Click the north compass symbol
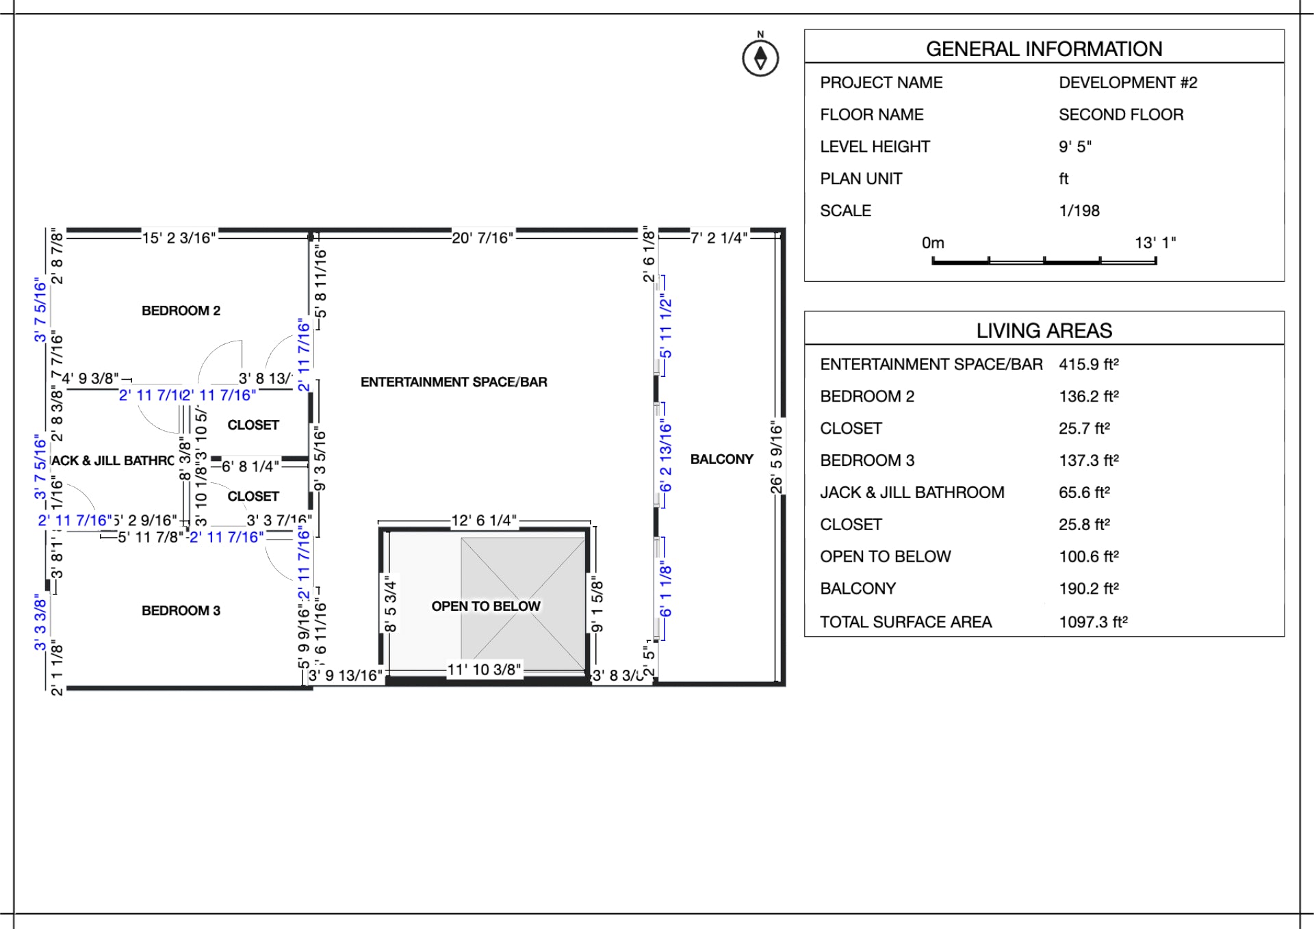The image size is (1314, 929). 760,58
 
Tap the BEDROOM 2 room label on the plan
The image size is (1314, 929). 181,311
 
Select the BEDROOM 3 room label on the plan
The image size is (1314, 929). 181,610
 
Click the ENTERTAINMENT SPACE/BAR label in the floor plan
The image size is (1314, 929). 454,382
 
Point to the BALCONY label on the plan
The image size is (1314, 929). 721,459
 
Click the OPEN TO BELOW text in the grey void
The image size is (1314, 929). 485,606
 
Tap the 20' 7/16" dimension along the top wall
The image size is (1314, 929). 482,238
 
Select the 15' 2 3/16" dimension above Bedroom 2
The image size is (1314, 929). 179,238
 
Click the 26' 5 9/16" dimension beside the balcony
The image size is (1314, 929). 776,457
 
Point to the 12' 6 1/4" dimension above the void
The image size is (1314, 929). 484,521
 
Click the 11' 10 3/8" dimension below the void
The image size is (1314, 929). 484,670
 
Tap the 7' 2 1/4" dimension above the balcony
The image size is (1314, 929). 719,238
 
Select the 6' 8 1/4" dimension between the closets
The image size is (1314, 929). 250,467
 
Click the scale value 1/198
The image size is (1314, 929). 1079,211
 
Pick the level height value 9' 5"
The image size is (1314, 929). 1074,146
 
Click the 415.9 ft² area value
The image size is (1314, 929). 1088,364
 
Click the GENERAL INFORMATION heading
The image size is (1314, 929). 1044,49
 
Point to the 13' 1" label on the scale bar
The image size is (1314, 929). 1155,243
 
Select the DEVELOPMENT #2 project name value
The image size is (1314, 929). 1128,83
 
